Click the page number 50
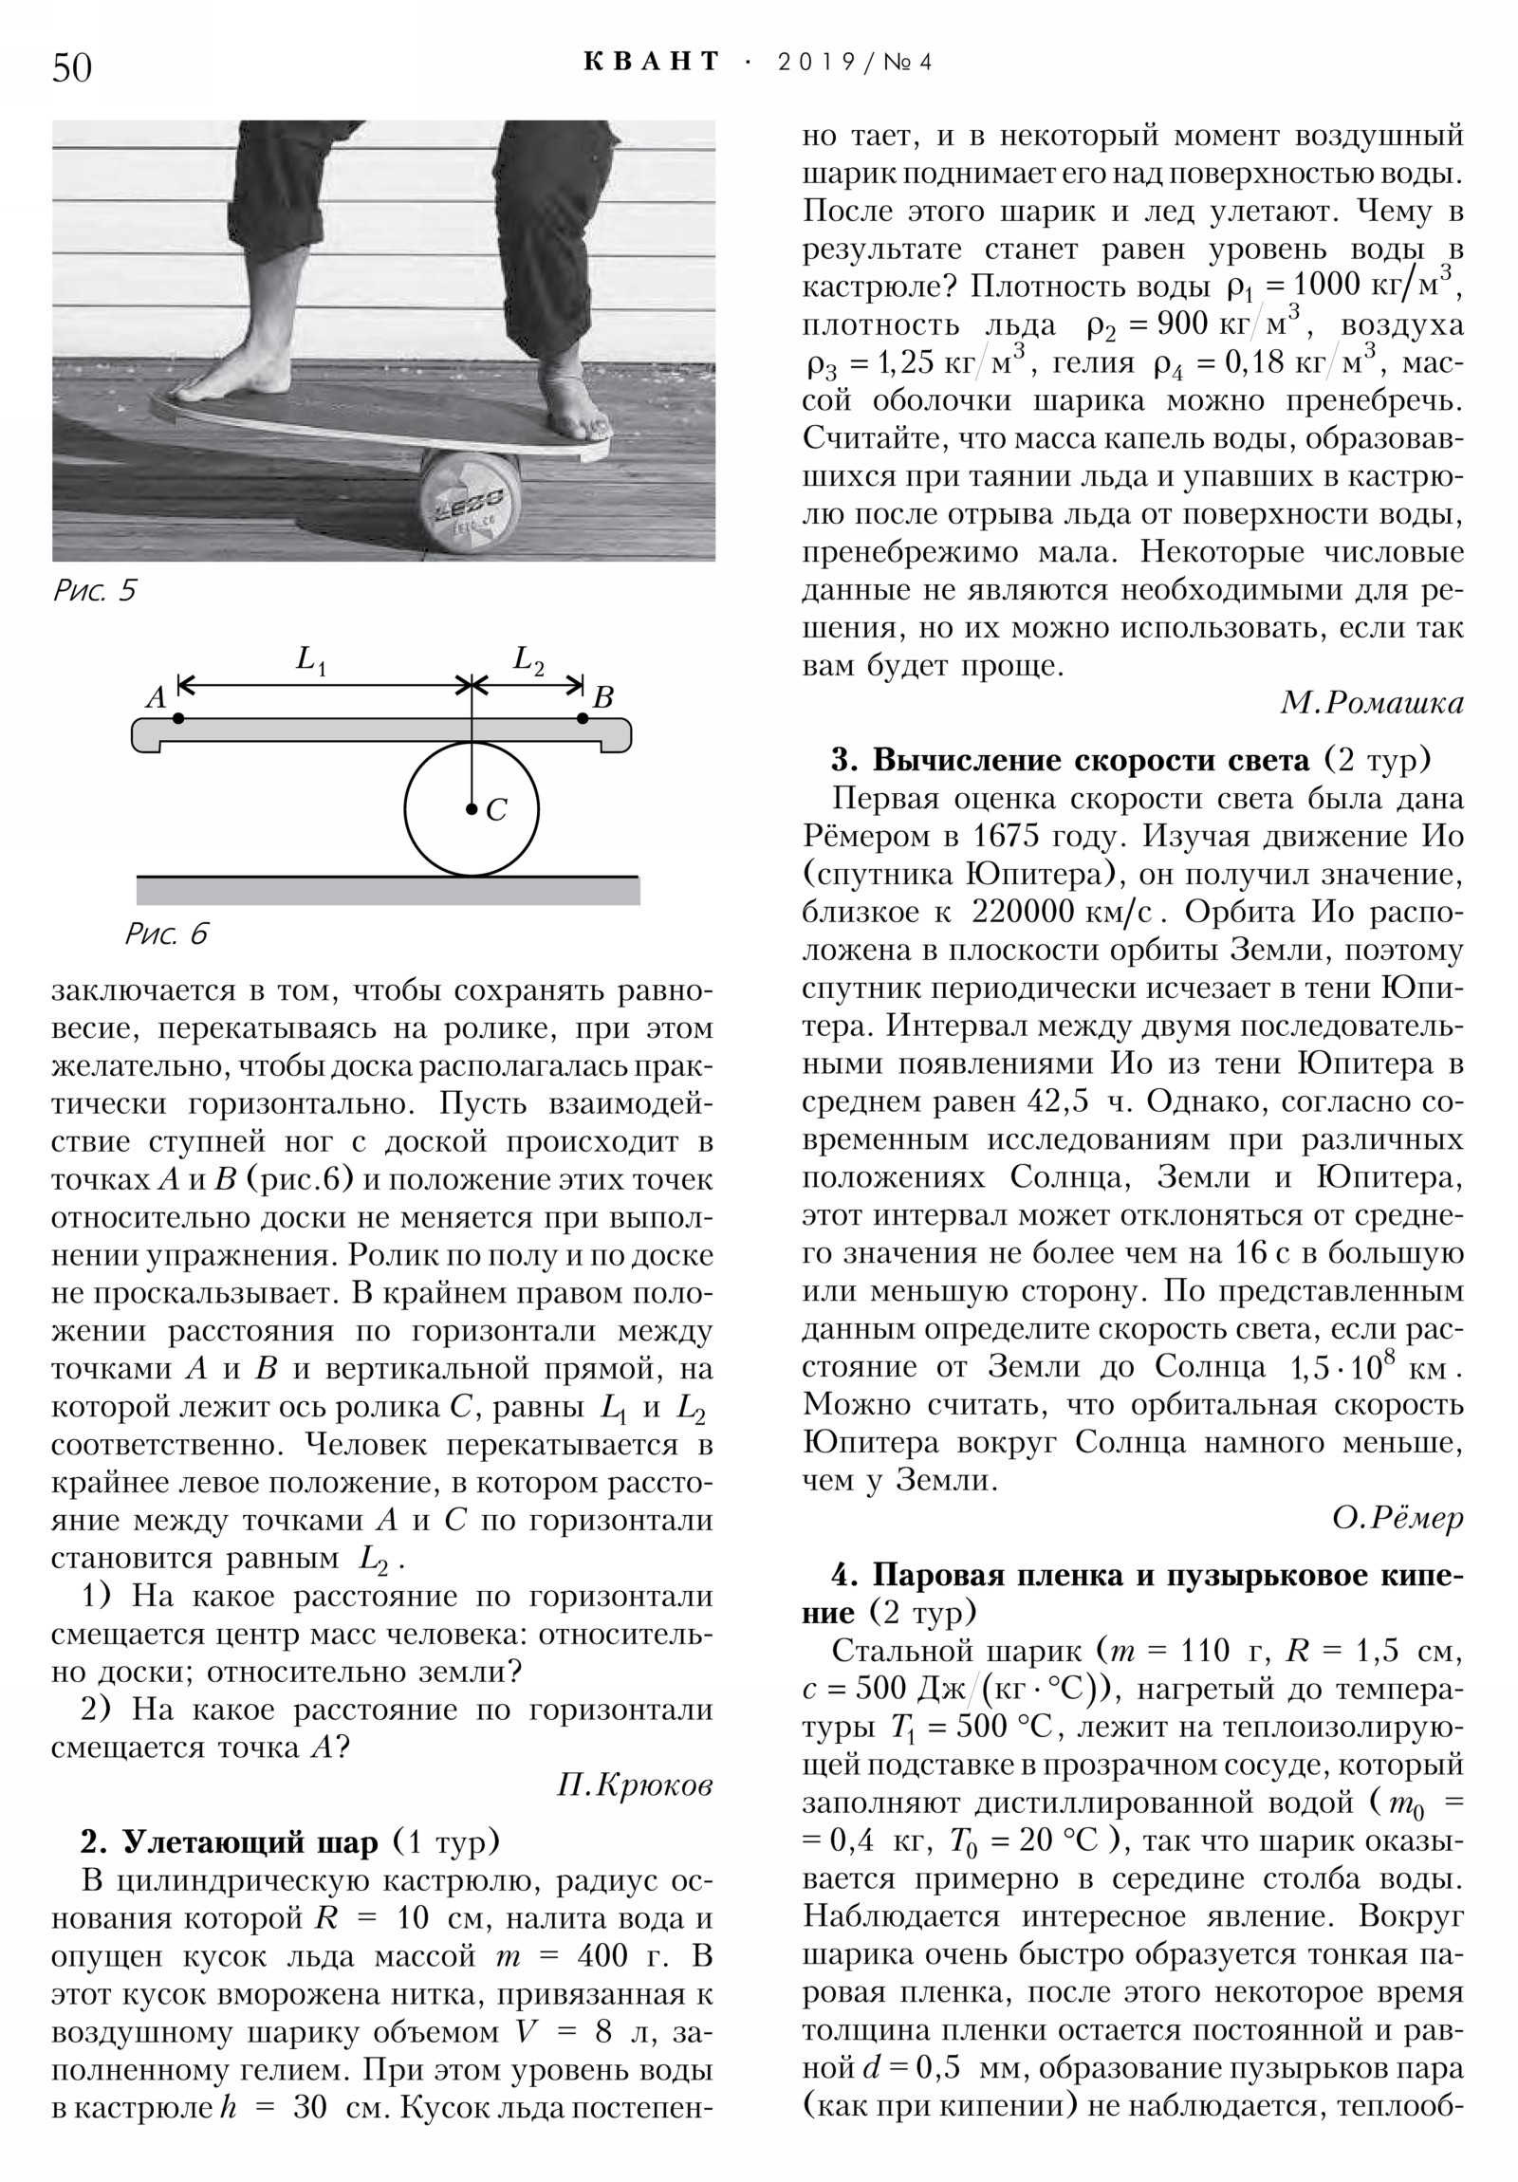tap(72, 68)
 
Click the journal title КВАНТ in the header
tap(652, 63)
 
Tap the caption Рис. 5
tap(94, 591)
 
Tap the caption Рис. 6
tap(165, 934)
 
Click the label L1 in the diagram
tap(311, 658)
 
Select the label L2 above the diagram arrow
tap(528, 658)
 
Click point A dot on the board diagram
tap(177, 718)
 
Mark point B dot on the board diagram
tap(583, 718)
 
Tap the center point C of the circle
tap(472, 809)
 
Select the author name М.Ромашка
tap(1371, 703)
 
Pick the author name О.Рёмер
tap(1398, 1519)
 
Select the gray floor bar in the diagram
tap(388, 890)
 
